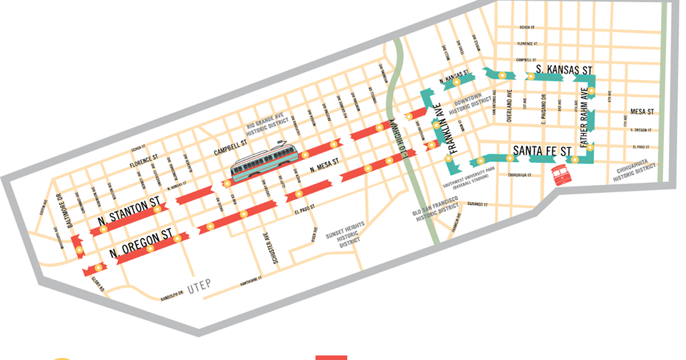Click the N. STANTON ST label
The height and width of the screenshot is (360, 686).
126,211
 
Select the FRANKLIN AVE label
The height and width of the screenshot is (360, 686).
441,126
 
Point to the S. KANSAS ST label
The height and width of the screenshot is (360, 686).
565,71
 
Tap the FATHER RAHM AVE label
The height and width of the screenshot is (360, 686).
585,117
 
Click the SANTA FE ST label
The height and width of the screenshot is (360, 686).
543,151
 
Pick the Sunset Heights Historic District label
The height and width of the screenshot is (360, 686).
347,234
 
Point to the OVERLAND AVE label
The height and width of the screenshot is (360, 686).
510,107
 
